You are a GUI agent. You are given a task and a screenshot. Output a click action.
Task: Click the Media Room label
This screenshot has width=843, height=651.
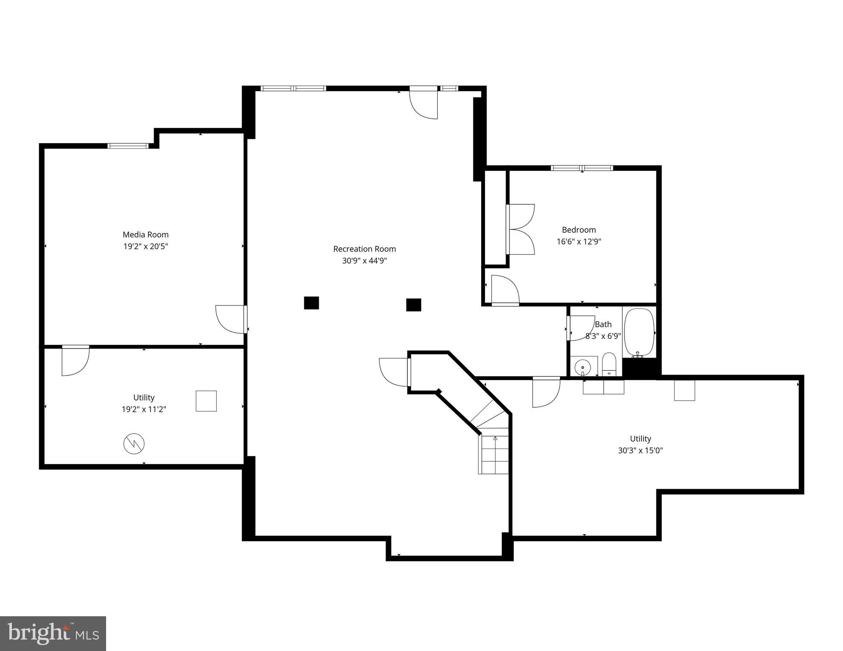(146, 234)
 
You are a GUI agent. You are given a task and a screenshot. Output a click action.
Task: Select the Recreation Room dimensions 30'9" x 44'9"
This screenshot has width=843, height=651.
(364, 261)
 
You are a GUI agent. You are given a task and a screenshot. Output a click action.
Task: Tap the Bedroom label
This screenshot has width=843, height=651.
(579, 230)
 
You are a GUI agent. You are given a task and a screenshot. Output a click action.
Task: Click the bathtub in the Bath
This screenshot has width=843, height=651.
(639, 332)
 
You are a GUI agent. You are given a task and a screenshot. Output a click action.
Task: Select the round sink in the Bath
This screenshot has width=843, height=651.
(583, 367)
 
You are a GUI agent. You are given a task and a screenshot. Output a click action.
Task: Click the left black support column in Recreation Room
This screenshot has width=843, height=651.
(311, 303)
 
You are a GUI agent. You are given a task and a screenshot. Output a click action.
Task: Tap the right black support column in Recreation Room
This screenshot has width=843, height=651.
(414, 305)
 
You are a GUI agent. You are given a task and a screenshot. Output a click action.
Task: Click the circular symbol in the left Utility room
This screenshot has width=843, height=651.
(134, 444)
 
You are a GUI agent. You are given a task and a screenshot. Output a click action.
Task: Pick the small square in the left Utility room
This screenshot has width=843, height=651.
(206, 401)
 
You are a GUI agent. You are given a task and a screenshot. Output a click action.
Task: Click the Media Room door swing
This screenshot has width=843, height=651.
(230, 319)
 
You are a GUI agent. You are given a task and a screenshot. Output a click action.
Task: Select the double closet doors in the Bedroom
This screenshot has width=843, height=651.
(521, 229)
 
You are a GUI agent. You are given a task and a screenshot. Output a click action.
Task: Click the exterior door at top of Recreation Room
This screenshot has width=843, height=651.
(424, 103)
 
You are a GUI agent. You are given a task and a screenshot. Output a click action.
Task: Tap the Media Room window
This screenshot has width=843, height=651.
(128, 146)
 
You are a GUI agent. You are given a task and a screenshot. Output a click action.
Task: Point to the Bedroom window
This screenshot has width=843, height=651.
(582, 168)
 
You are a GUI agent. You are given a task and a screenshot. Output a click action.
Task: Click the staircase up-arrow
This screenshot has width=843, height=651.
(495, 439)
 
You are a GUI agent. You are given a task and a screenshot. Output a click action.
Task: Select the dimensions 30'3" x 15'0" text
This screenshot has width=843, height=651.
(640, 451)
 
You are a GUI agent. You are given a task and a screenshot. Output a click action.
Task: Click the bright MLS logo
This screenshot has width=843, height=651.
(53, 634)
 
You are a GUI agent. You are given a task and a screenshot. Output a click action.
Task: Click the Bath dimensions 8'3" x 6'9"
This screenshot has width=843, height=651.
(603, 336)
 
